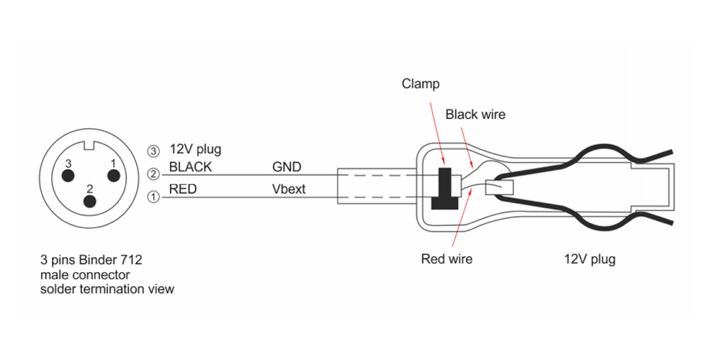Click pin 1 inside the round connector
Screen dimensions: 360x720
point(112,175)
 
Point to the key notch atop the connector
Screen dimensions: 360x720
point(90,148)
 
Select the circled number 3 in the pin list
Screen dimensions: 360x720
point(153,150)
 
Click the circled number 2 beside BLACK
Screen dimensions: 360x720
point(153,173)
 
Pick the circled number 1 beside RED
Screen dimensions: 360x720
point(153,196)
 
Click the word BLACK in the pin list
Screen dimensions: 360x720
point(190,167)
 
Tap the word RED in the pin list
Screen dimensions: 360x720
point(181,190)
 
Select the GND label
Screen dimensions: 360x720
point(286,167)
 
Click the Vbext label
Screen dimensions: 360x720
point(289,190)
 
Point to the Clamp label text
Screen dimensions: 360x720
point(420,84)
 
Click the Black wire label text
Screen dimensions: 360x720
point(475,114)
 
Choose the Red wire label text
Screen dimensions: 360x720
point(446,259)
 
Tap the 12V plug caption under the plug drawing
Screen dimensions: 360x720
point(589,259)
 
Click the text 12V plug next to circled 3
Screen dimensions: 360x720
point(195,150)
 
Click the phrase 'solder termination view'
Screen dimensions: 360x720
point(107,289)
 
